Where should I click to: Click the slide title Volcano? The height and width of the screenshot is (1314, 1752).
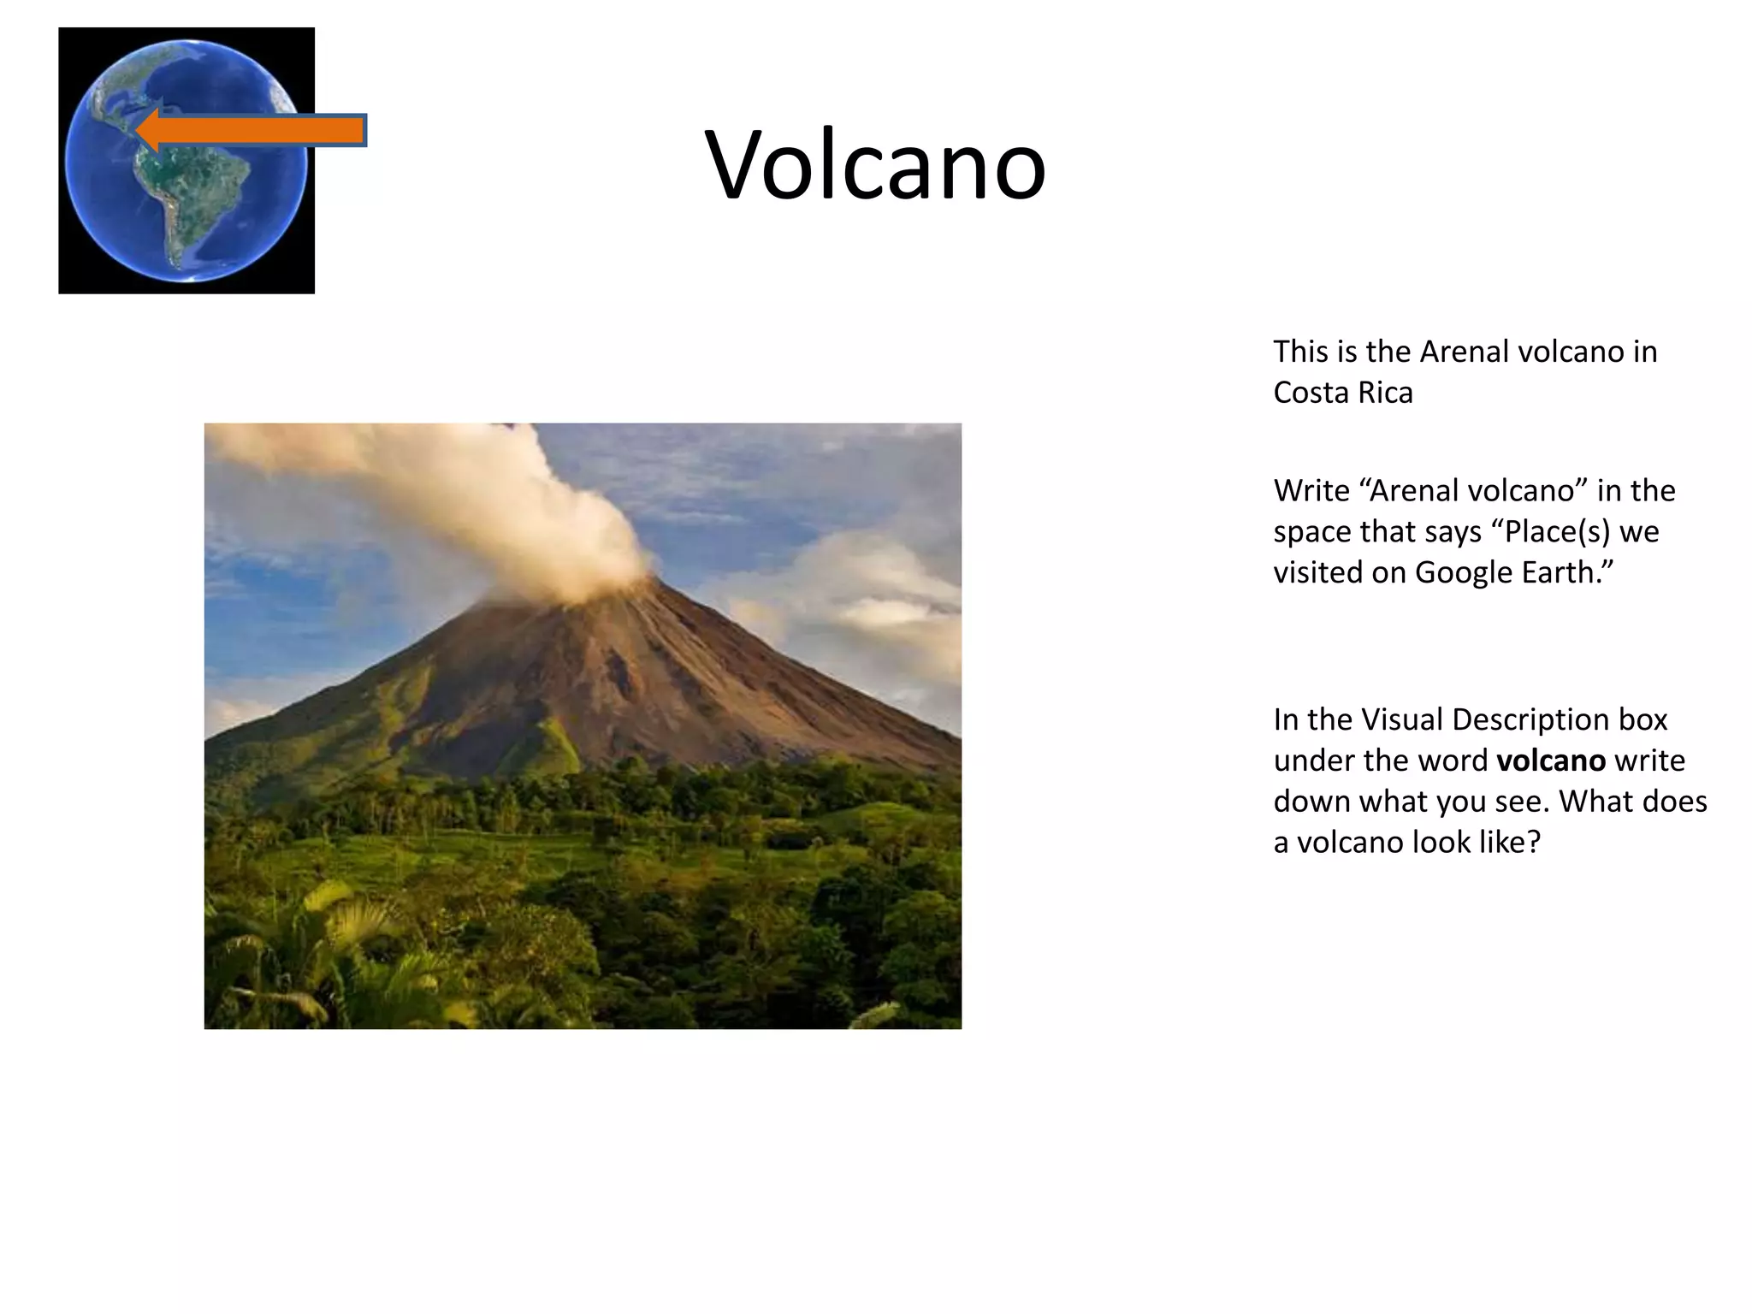point(875,164)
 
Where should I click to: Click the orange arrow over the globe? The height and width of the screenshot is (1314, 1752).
point(257,131)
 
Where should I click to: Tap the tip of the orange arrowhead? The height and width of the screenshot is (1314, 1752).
point(138,131)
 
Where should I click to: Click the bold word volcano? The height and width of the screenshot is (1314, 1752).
point(1550,761)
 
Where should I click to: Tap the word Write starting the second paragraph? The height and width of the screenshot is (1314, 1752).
point(1311,491)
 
